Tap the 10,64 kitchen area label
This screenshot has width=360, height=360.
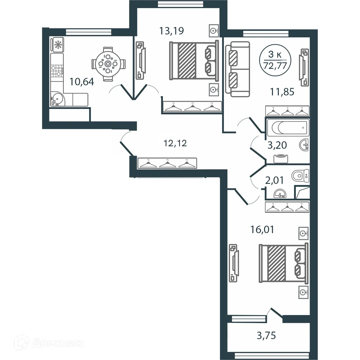coord(82,81)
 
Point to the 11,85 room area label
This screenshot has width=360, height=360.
coord(282,92)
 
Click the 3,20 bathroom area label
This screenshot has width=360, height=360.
coord(277,145)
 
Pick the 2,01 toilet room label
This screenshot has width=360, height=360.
coord(274,180)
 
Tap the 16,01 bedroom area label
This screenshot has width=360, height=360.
coord(262,230)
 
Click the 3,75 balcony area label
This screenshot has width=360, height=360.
coord(266,335)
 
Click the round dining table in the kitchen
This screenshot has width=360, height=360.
coord(107,64)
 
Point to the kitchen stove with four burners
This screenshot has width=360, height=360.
coord(57,71)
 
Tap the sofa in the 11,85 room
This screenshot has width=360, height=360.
coord(237,69)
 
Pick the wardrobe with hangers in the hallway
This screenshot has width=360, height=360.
coord(167,163)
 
